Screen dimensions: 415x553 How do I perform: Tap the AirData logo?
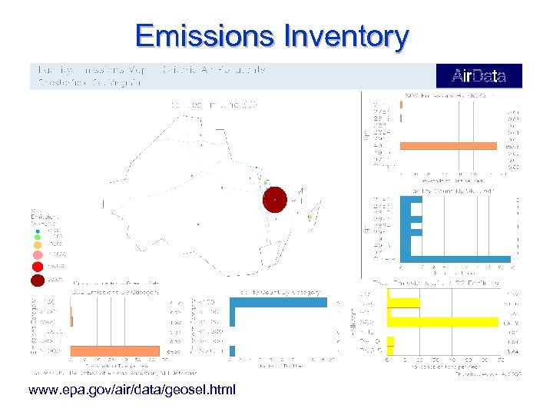pyautogui.click(x=478, y=76)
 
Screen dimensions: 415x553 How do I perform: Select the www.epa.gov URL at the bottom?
pyautogui.click(x=132, y=390)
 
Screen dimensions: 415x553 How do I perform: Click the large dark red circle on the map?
pyautogui.click(x=275, y=199)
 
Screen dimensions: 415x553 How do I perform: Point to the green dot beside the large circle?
pyautogui.click(x=266, y=183)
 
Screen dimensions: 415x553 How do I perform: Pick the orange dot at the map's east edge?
pyautogui.click(x=310, y=217)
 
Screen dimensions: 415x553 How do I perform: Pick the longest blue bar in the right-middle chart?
pyautogui.click(x=459, y=259)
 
